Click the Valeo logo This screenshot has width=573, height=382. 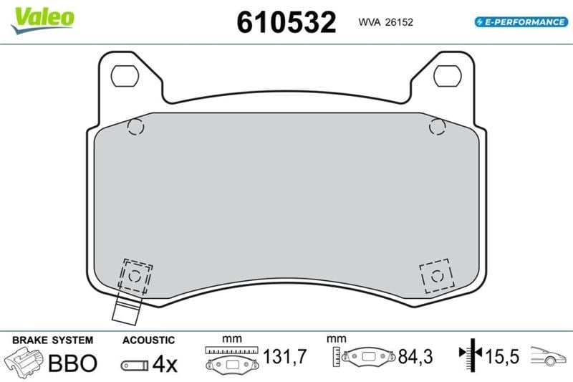pyautogui.click(x=43, y=20)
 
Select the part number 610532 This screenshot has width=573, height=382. pyautogui.click(x=286, y=22)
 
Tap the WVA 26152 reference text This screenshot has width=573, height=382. pyautogui.click(x=385, y=22)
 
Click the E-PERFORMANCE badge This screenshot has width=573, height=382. pyautogui.click(x=521, y=22)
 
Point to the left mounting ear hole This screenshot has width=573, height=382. pyautogui.click(x=125, y=76)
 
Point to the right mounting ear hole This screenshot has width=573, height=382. pyautogui.click(x=447, y=76)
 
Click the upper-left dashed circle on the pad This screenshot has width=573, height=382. pyautogui.click(x=135, y=127)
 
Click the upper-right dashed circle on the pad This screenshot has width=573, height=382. pyautogui.click(x=438, y=127)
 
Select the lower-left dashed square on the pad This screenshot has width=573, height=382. pyautogui.click(x=135, y=276)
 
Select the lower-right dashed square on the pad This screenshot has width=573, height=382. pyautogui.click(x=437, y=276)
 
